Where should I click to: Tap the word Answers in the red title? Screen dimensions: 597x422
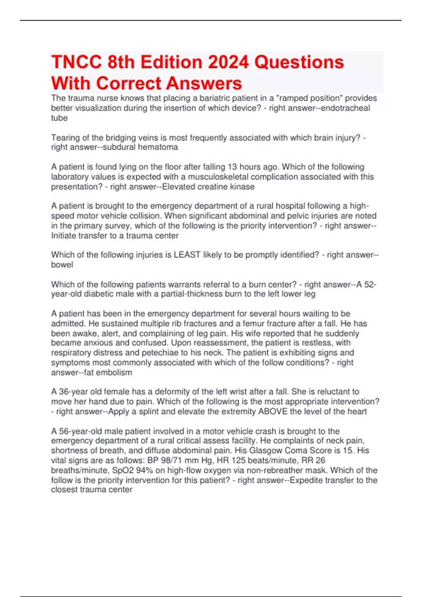coord(204,84)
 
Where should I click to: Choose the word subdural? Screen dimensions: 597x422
coord(119,147)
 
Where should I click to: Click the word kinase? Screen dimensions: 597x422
coord(242,186)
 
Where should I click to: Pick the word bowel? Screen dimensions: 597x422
coord(62,264)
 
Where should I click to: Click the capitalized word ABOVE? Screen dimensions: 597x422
coord(273,411)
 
